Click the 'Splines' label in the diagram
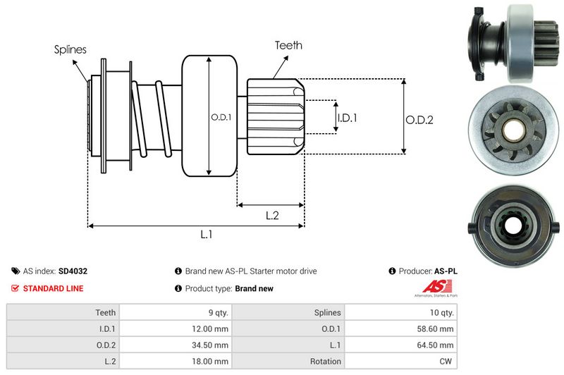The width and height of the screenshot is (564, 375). coord(70,49)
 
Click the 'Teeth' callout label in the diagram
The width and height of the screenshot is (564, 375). coord(288,45)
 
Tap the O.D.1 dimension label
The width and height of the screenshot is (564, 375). coord(221,118)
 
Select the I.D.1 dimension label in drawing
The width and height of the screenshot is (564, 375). coord(347,118)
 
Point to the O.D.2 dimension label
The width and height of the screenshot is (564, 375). coord(419,120)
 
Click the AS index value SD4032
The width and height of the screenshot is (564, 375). coord(73,271)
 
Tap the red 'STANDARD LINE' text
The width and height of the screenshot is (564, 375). coord(53,288)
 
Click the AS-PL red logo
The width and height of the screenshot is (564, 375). coord(432,286)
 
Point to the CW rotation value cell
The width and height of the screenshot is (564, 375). coord(446,362)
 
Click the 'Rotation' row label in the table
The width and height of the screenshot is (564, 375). coord(325,362)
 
